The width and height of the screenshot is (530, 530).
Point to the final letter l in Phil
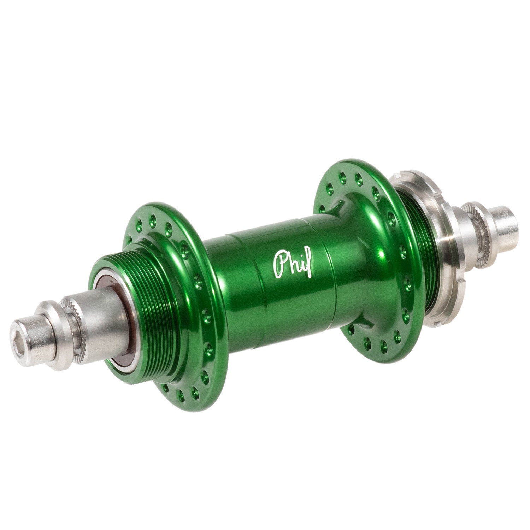click(x=308, y=263)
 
